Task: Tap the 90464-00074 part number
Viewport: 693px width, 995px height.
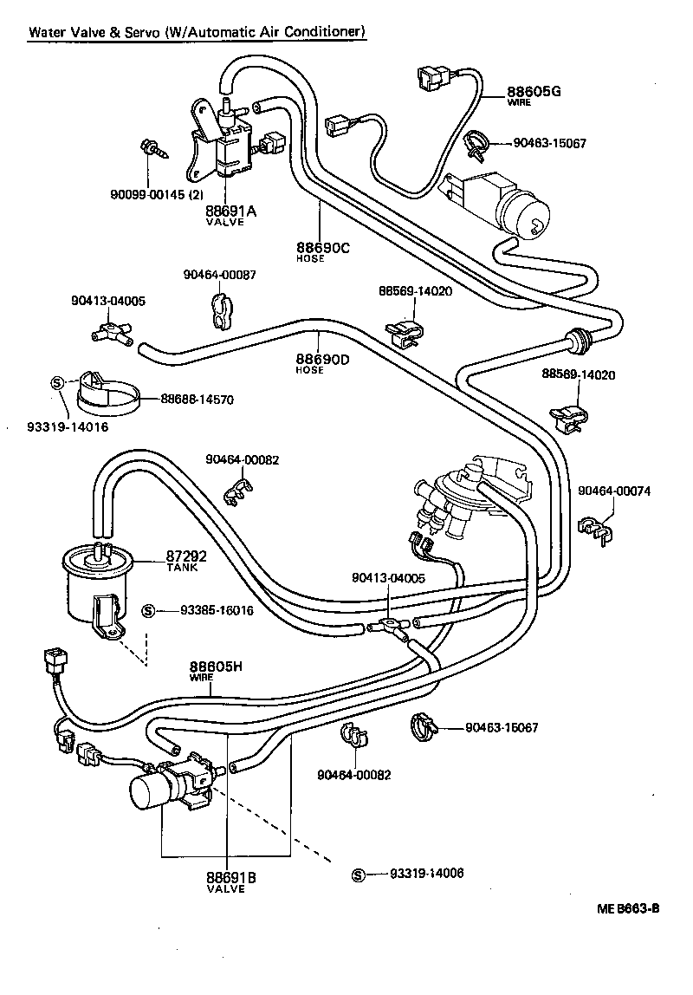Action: click(x=614, y=491)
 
